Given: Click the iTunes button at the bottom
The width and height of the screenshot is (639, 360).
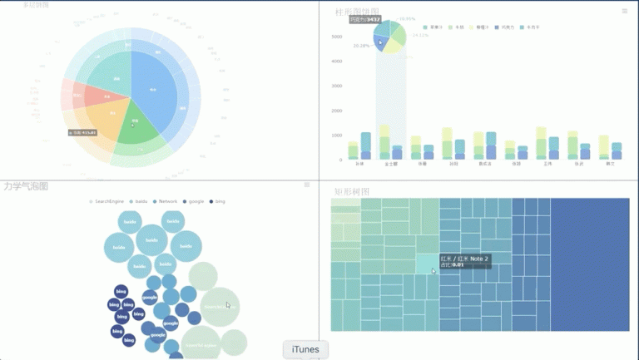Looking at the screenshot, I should pos(305,350).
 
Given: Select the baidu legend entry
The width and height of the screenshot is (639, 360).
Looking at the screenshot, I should pos(141,201).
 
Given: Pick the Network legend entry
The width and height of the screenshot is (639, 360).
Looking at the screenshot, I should pos(167,201).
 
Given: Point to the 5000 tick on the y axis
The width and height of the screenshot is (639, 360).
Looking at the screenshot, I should pos(337,37).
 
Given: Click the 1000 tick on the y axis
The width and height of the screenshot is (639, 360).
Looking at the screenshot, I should pos(337,136).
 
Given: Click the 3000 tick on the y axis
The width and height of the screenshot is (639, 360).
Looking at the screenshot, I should pos(337,86).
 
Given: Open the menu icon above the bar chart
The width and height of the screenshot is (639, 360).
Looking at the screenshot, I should pos(625,11).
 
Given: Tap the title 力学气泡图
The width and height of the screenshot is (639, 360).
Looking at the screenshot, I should pos(25,186).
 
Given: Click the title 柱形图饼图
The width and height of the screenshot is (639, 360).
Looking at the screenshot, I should pos(357,12).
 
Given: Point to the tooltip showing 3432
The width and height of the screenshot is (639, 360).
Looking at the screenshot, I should pos(365,19).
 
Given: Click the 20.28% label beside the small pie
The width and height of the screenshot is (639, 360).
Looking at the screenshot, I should pos(361,47).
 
